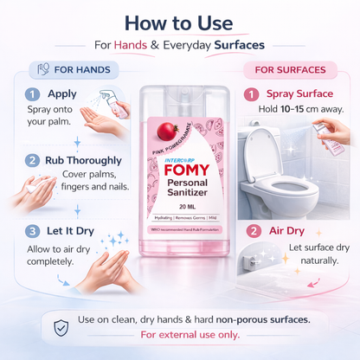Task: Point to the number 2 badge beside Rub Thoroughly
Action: pos(31,160)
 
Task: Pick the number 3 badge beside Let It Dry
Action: pos(31,230)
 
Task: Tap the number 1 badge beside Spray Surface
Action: pos(253,93)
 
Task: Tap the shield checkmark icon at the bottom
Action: pos(61,327)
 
